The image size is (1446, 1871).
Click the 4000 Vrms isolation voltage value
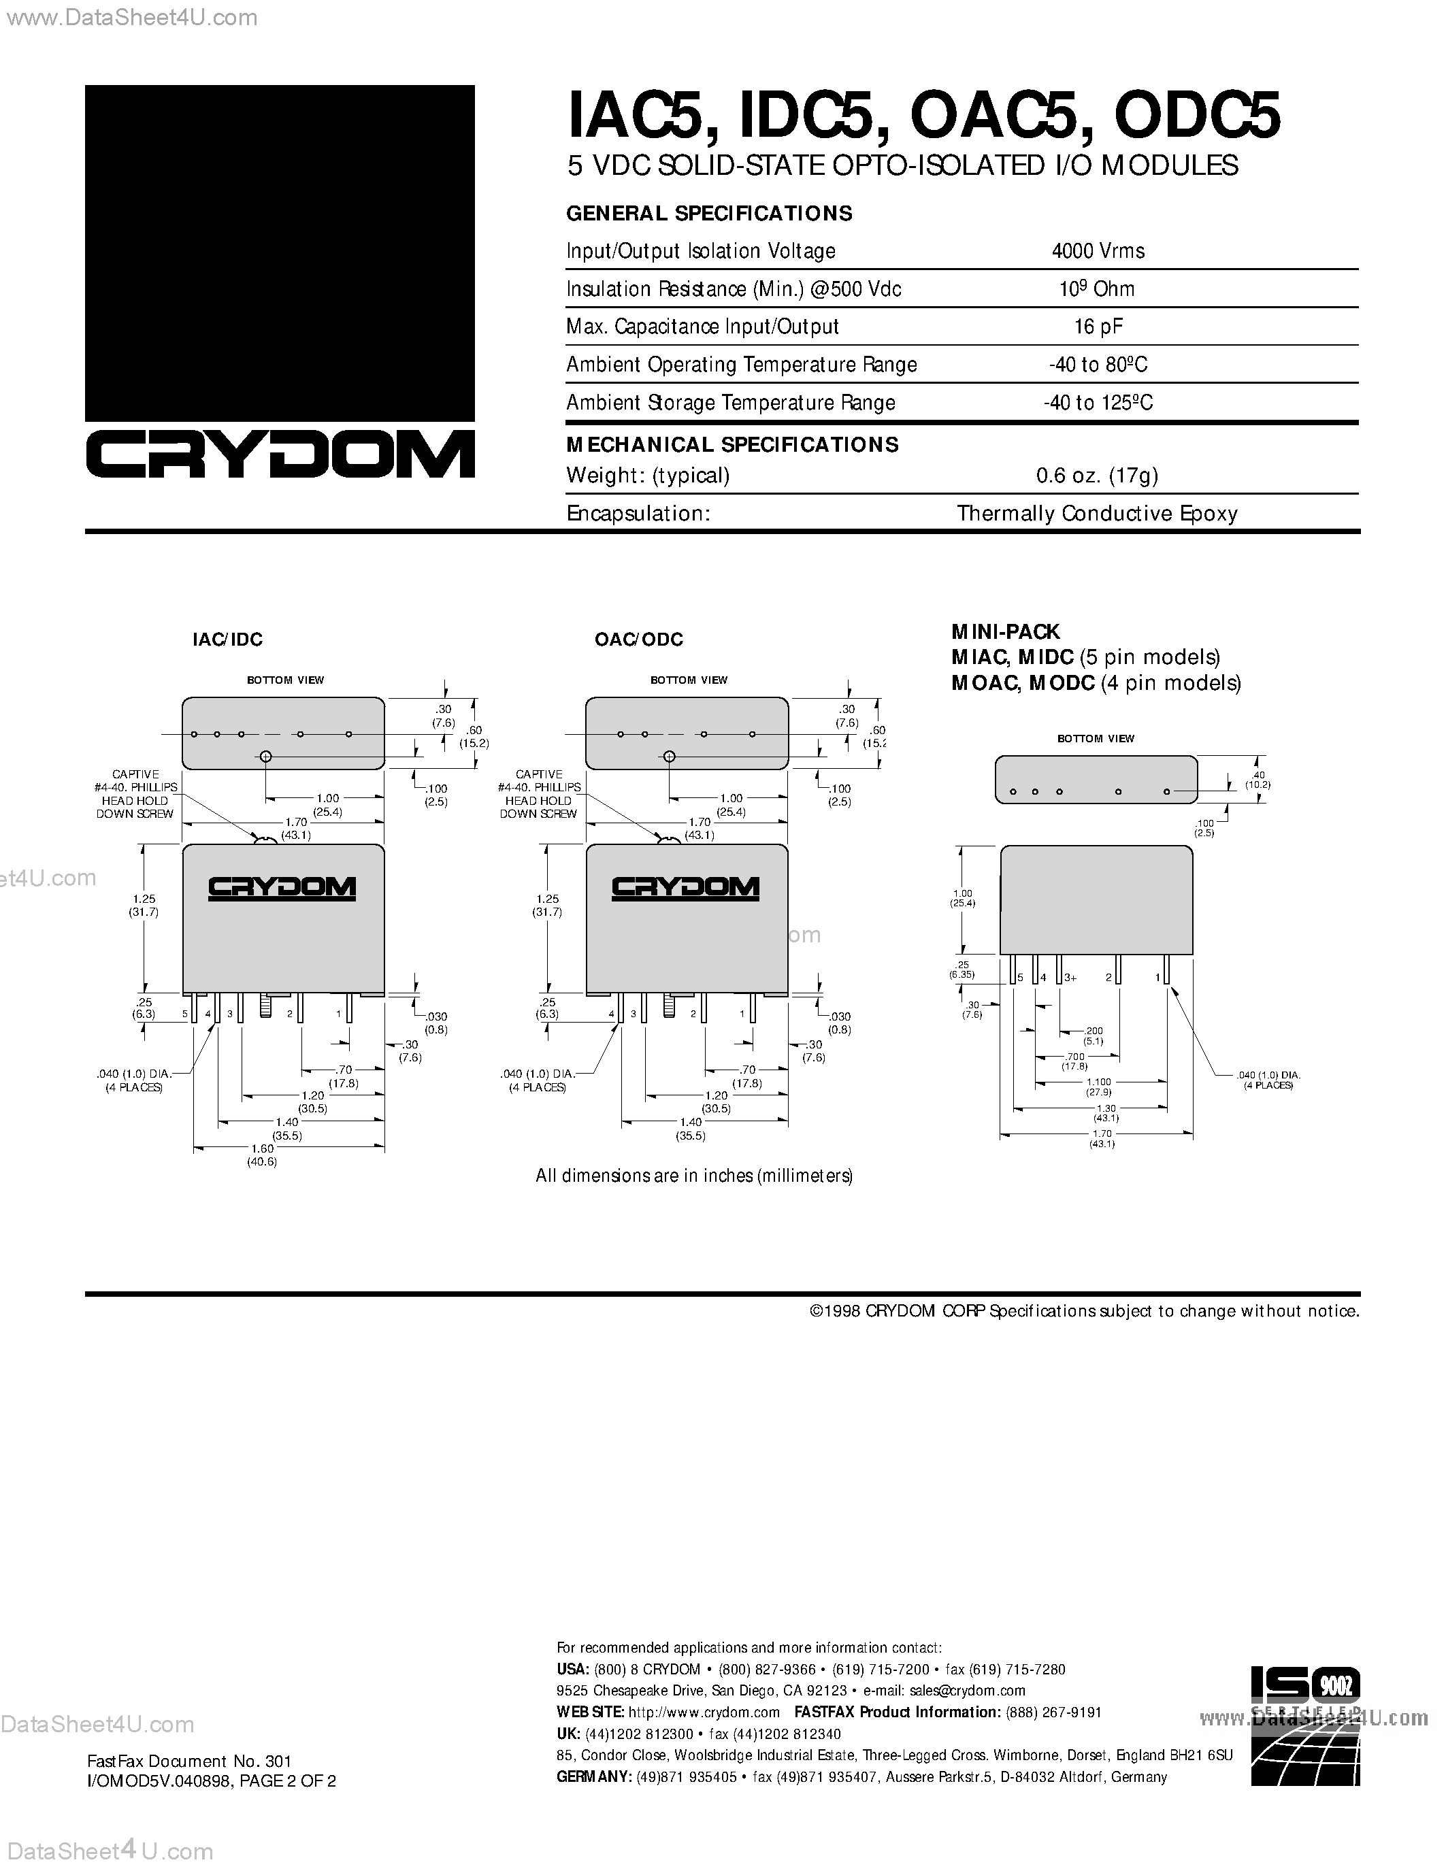1098,251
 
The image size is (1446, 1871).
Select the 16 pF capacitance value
1098,327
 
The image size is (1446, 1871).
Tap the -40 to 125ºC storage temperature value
1098,403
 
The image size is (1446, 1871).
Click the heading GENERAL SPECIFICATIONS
709,214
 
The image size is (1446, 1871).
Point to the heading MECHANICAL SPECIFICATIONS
732,445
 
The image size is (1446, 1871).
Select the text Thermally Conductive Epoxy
1096,513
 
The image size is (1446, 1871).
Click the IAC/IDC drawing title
227,639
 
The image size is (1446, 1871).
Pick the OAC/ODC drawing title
638,639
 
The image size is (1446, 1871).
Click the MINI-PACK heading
1006,631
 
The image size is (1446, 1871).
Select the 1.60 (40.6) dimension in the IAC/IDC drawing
262,1155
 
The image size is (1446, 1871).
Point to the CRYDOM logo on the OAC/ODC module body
685,887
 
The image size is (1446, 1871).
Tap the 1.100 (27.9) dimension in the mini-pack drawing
1098,1087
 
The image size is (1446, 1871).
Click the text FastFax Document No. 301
189,1761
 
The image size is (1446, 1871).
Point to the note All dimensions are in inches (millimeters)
694,1176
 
